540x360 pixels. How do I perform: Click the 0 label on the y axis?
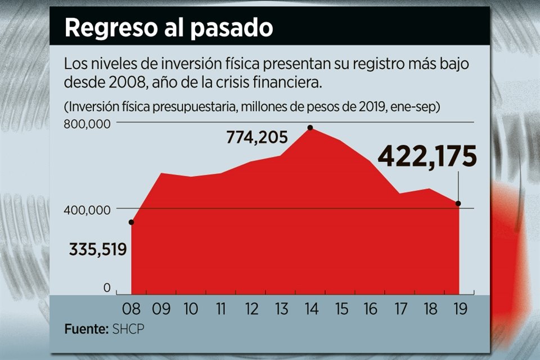coord(107,288)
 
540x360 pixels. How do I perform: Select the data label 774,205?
coord(257,137)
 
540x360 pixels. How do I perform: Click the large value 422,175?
coord(427,156)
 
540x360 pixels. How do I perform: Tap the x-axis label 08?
coord(132,309)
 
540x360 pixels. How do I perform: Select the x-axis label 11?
coord(221,309)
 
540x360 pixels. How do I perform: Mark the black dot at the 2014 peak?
coord(310,128)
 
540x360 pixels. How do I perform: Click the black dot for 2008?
coord(132,223)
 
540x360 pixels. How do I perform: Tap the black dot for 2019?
coord(458,204)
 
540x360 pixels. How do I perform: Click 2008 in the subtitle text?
coord(129,83)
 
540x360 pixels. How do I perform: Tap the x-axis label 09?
coord(161,309)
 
